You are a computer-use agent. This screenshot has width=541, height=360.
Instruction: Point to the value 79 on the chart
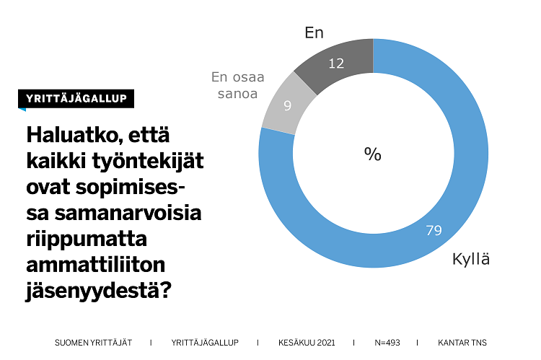(x=434, y=231)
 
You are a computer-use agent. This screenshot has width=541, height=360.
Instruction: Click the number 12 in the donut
(x=336, y=63)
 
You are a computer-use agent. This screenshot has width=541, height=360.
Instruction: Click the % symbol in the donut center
(x=372, y=154)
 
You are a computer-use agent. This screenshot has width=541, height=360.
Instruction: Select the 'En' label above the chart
(x=314, y=32)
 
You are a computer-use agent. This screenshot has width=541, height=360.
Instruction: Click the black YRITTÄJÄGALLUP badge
(x=76, y=99)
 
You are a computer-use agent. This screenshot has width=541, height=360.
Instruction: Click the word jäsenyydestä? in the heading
(x=100, y=291)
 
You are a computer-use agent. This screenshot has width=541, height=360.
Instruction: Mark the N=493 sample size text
(x=387, y=342)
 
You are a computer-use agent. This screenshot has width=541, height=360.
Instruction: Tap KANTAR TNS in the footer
(x=467, y=342)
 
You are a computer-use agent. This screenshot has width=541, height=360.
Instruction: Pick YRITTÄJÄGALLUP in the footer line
(x=205, y=342)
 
